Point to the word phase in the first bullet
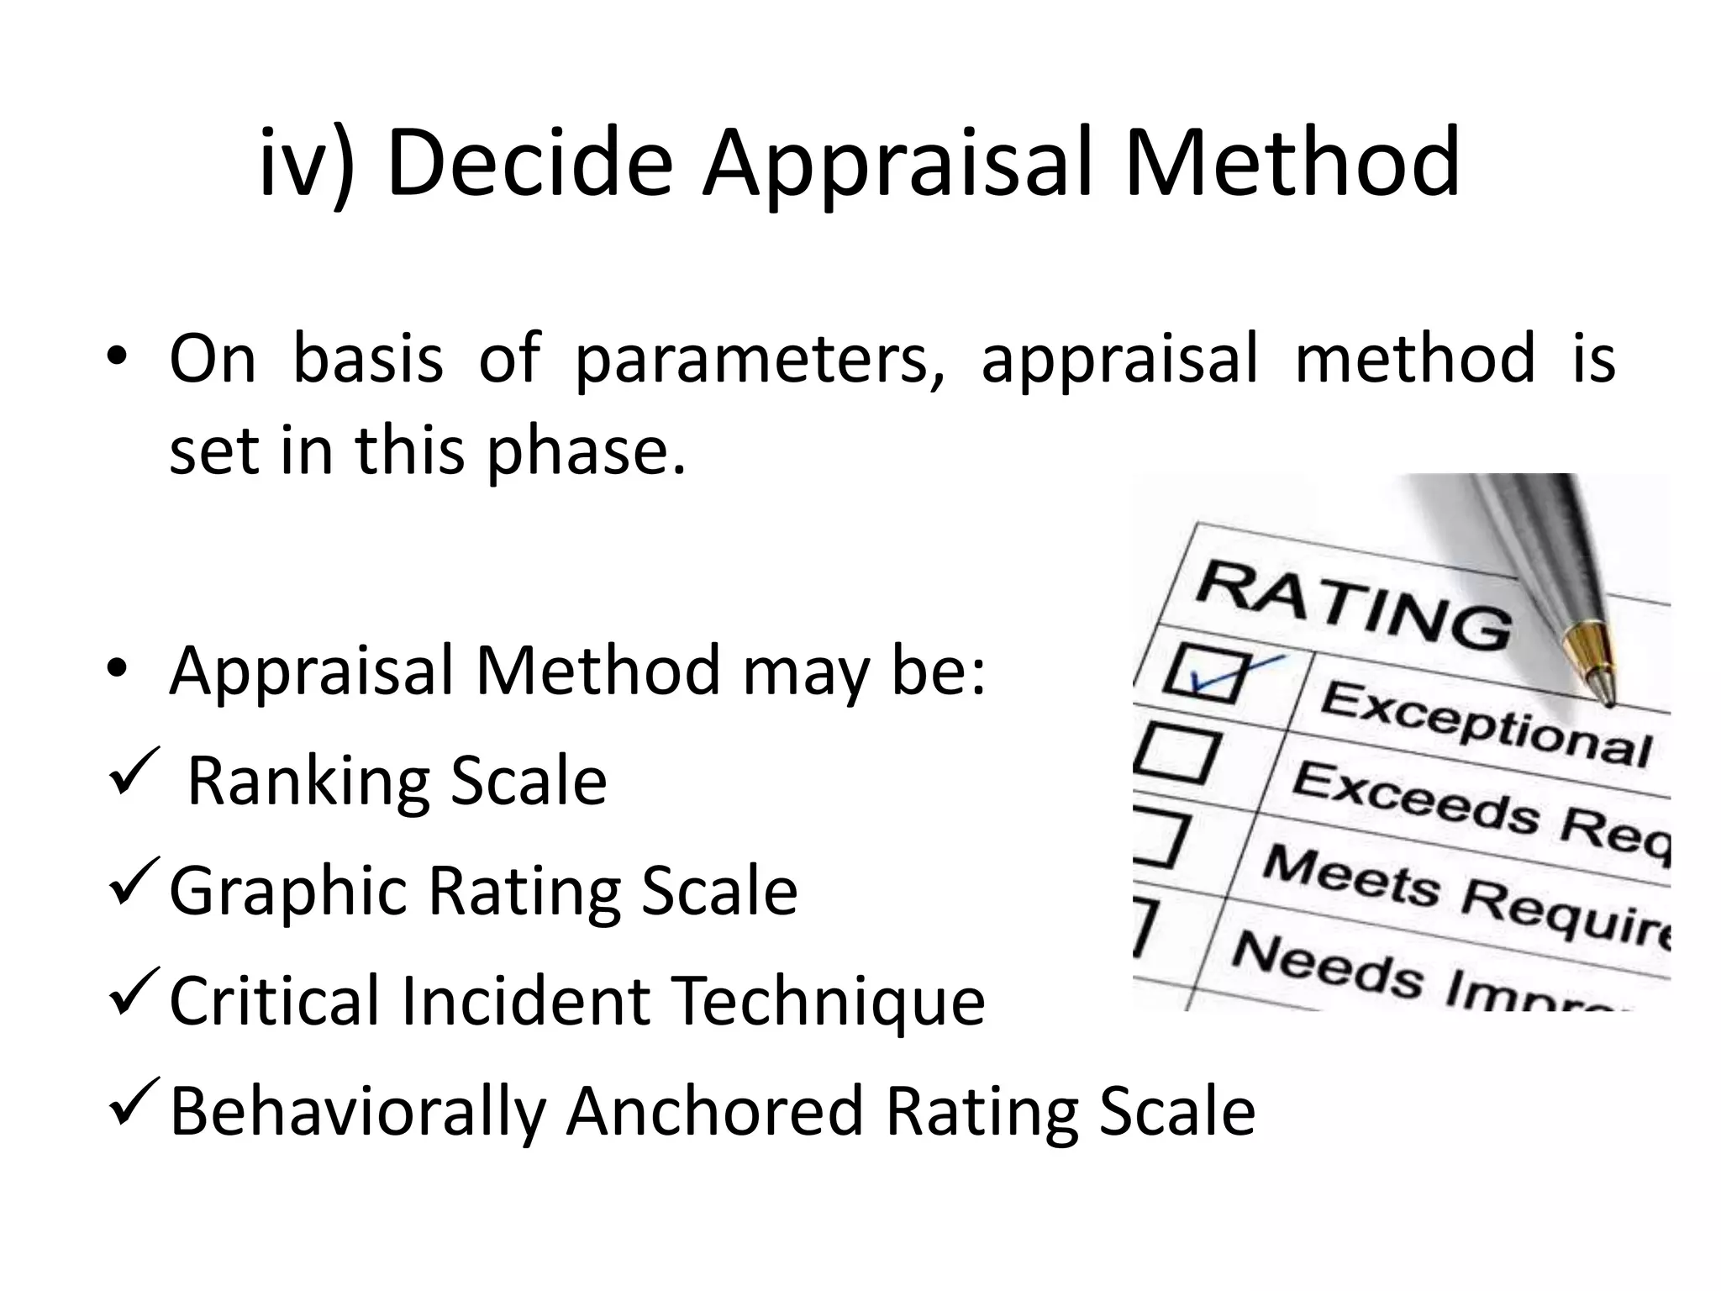[579, 451]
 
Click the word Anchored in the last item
[715, 1111]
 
